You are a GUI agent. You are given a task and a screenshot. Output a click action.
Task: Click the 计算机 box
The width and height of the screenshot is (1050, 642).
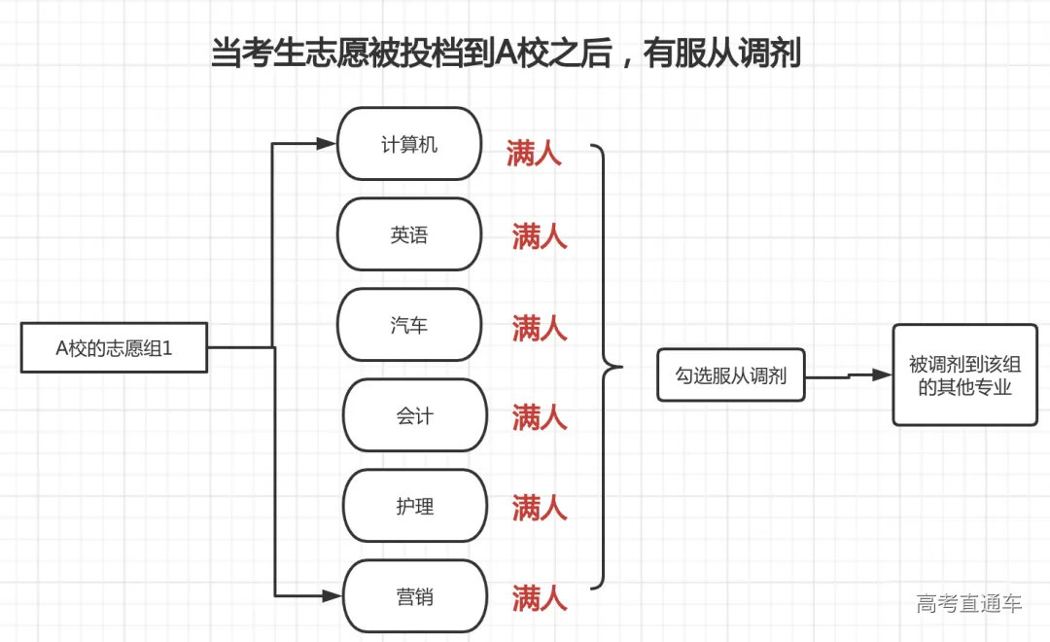409,144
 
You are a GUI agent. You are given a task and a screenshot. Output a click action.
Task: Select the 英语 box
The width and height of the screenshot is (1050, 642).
409,234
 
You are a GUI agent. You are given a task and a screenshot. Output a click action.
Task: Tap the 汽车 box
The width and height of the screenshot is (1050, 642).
409,325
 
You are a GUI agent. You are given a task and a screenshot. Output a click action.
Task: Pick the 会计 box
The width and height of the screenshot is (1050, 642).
414,415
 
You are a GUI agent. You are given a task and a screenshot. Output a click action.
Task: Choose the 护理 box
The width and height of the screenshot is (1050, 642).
414,506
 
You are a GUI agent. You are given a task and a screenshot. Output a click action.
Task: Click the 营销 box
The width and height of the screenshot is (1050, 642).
414,596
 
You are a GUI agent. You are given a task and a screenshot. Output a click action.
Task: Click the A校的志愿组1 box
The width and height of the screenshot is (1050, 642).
115,348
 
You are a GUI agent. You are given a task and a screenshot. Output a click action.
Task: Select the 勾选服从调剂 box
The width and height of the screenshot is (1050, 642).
731,375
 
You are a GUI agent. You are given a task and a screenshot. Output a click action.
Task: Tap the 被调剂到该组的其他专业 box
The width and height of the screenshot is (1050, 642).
964,375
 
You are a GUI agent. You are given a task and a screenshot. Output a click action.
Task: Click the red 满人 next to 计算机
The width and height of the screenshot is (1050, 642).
534,154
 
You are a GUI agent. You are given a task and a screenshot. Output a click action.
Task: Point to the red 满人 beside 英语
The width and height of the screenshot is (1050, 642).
540,236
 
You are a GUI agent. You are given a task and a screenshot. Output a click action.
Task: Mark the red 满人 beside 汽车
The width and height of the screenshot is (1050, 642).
540,328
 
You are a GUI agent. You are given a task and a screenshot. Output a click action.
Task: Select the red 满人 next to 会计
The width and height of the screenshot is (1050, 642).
540,418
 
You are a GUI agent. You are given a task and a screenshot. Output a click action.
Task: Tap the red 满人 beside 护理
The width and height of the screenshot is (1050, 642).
540,507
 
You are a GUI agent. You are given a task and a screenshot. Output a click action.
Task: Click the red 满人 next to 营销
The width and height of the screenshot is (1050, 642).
540,597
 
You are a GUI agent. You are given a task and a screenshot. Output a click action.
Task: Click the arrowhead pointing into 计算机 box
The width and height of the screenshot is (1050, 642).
327,144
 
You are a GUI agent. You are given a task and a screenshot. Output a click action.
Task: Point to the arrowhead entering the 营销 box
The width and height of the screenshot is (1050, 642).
333,595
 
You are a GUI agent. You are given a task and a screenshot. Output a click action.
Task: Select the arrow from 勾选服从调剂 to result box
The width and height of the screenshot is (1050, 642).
849,375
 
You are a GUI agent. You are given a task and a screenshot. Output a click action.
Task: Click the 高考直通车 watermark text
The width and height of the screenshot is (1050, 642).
968,604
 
